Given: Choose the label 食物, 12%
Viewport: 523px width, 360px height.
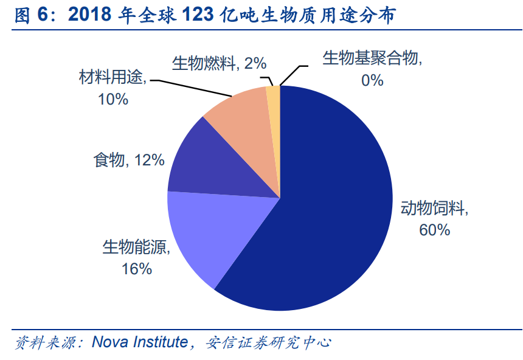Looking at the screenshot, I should coord(128,160).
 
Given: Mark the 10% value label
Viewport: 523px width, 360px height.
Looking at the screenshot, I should coord(113,99).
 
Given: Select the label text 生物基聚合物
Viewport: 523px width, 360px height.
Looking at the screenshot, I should coord(372,58).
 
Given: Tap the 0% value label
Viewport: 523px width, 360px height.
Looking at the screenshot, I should coord(372,79).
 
